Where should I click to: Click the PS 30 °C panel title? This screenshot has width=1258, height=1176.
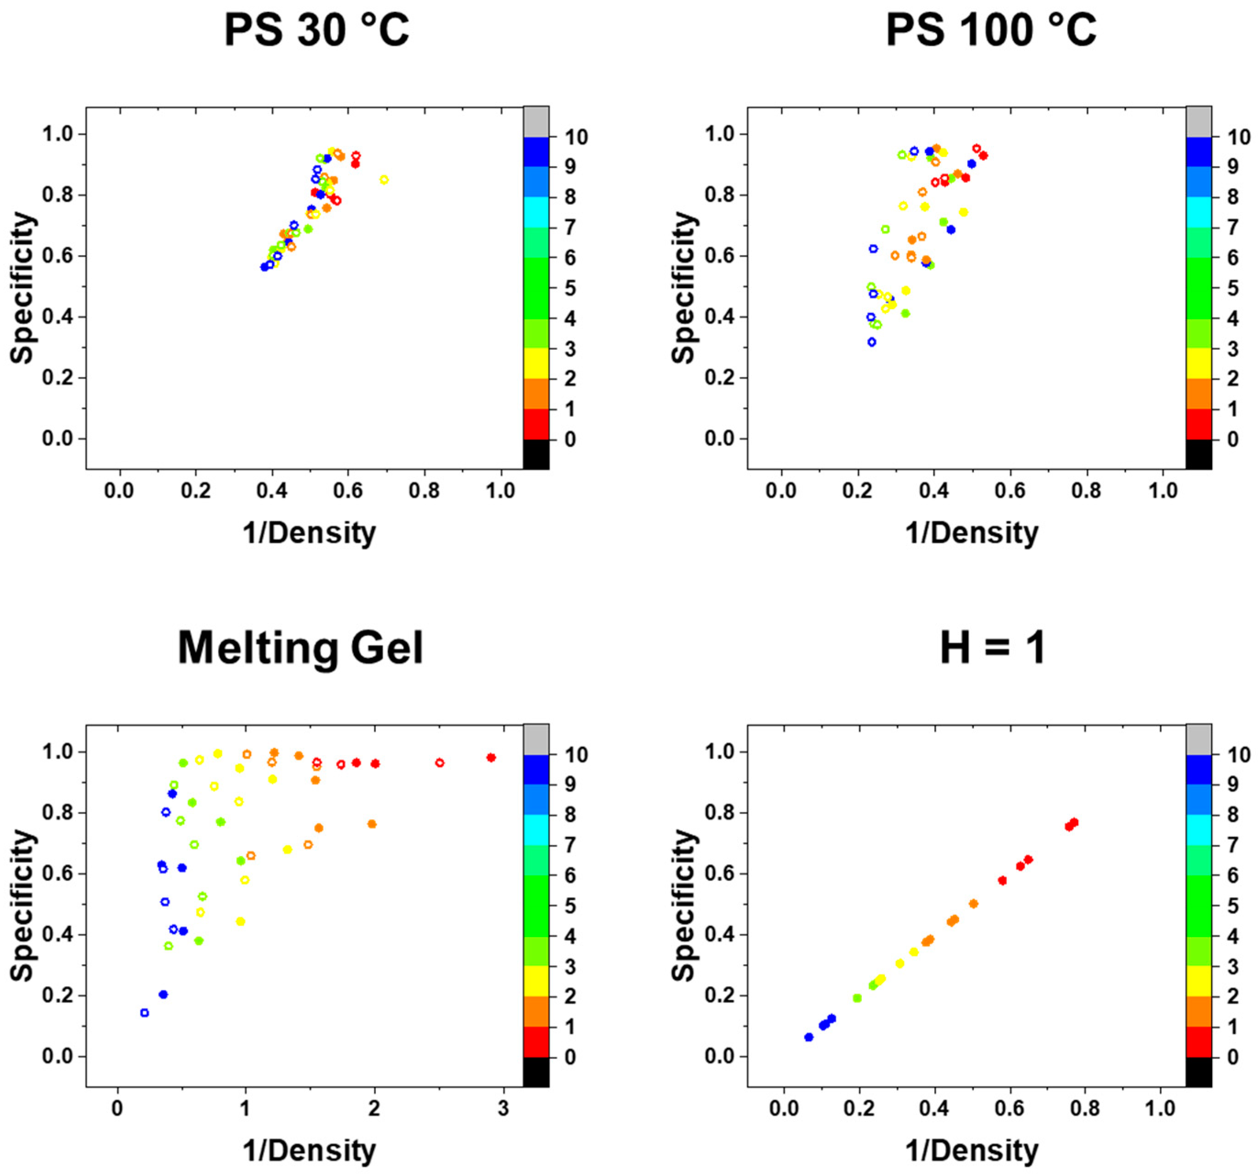316,30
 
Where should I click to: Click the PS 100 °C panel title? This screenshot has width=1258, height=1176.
991,30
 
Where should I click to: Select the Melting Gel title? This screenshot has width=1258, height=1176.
301,648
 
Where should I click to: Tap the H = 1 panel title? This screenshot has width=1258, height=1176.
992,648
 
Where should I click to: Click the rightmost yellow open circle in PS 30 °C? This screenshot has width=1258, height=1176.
383,180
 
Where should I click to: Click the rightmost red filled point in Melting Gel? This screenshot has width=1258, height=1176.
491,758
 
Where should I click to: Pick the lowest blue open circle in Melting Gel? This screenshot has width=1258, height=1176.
144,1013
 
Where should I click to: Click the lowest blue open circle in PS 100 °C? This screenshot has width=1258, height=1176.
872,342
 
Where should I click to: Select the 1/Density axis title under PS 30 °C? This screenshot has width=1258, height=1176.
309,533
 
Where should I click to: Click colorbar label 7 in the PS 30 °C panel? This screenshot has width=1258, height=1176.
570,227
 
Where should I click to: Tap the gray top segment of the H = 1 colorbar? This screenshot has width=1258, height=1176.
1198,740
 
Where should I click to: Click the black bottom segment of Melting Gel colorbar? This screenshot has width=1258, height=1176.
536,1072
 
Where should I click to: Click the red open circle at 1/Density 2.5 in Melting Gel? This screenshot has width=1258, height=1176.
440,763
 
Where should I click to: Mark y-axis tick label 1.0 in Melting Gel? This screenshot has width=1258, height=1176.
58,752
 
